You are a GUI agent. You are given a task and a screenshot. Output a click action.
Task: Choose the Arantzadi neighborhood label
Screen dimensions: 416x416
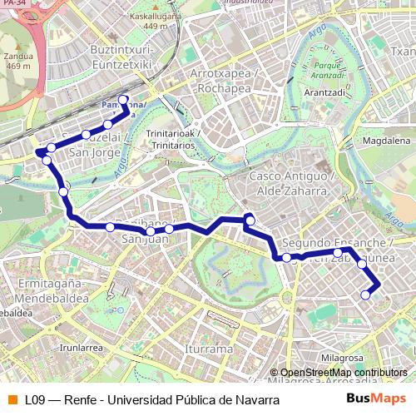[325, 93]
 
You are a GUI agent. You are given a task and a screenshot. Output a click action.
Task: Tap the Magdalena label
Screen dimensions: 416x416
[388, 142]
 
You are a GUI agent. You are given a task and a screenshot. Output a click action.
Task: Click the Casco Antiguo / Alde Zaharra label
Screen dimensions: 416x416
[290, 184]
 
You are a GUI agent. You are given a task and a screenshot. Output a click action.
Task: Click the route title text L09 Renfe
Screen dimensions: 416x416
[150, 400]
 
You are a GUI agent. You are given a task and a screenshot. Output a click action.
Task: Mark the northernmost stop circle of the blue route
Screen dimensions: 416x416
[124, 100]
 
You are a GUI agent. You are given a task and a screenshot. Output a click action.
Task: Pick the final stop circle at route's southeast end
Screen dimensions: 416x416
[365, 295]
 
